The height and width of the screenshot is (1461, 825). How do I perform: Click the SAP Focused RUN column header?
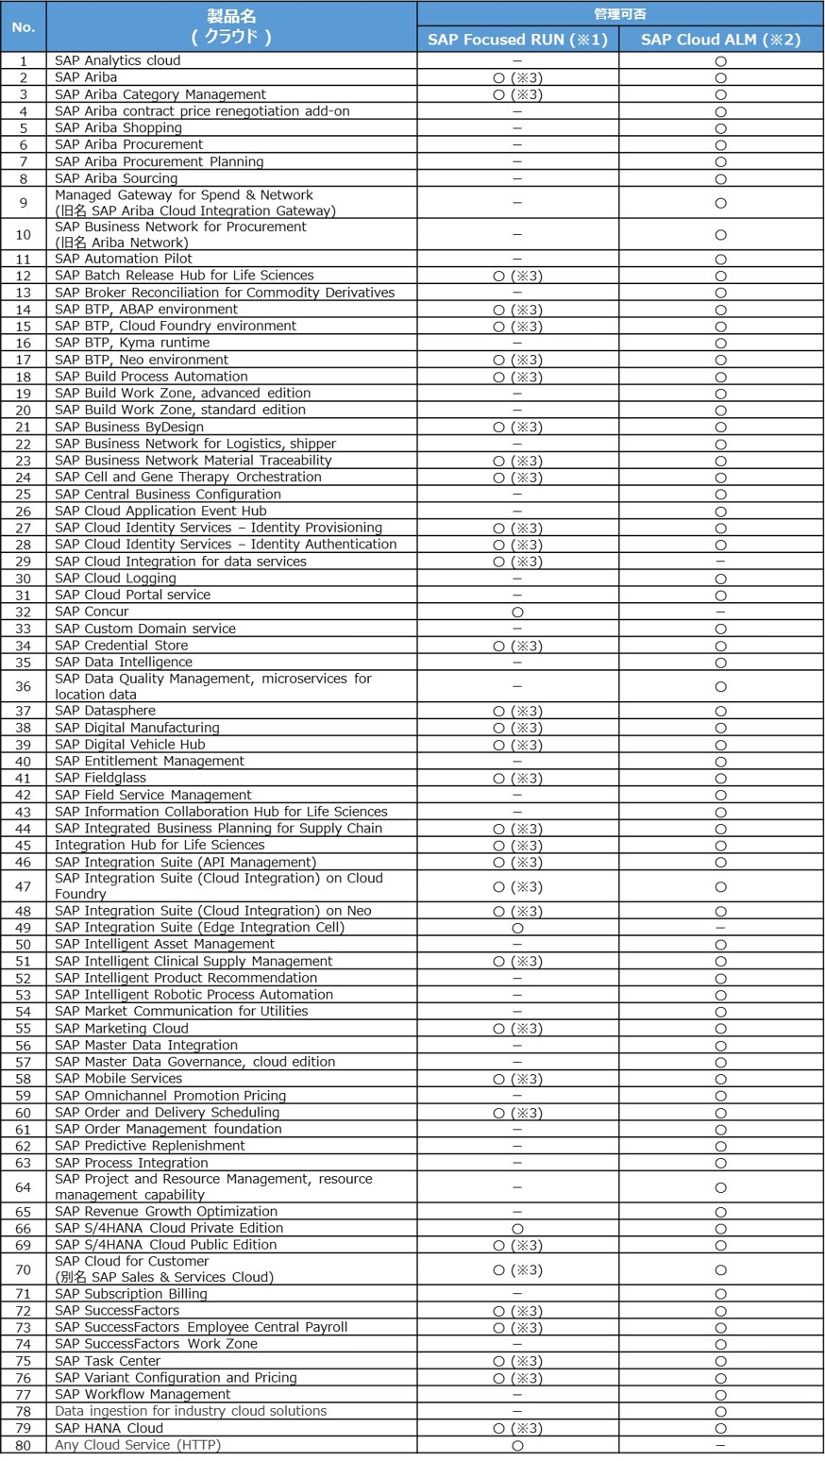pyautogui.click(x=517, y=39)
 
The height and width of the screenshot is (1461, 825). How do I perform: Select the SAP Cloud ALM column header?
pyautogui.click(x=721, y=39)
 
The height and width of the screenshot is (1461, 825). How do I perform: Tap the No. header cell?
pyautogui.click(x=23, y=26)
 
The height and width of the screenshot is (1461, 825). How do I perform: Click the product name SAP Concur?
pyautogui.click(x=92, y=612)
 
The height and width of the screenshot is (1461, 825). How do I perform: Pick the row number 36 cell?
pyautogui.click(x=23, y=686)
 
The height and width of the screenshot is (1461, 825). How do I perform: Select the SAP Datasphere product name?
pyautogui.click(x=105, y=711)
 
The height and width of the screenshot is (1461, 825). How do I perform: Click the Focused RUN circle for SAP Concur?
pyautogui.click(x=517, y=612)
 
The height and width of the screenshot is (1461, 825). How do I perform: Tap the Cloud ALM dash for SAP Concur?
pyautogui.click(x=721, y=612)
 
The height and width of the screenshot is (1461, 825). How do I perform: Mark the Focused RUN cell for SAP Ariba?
pyautogui.click(x=517, y=77)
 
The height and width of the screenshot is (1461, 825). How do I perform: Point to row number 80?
pyautogui.click(x=23, y=1445)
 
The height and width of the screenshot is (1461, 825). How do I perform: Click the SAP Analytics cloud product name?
pyautogui.click(x=117, y=60)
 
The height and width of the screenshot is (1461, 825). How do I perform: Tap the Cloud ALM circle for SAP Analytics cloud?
pyautogui.click(x=721, y=60)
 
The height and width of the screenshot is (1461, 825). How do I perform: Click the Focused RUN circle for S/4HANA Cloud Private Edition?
pyautogui.click(x=517, y=1228)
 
